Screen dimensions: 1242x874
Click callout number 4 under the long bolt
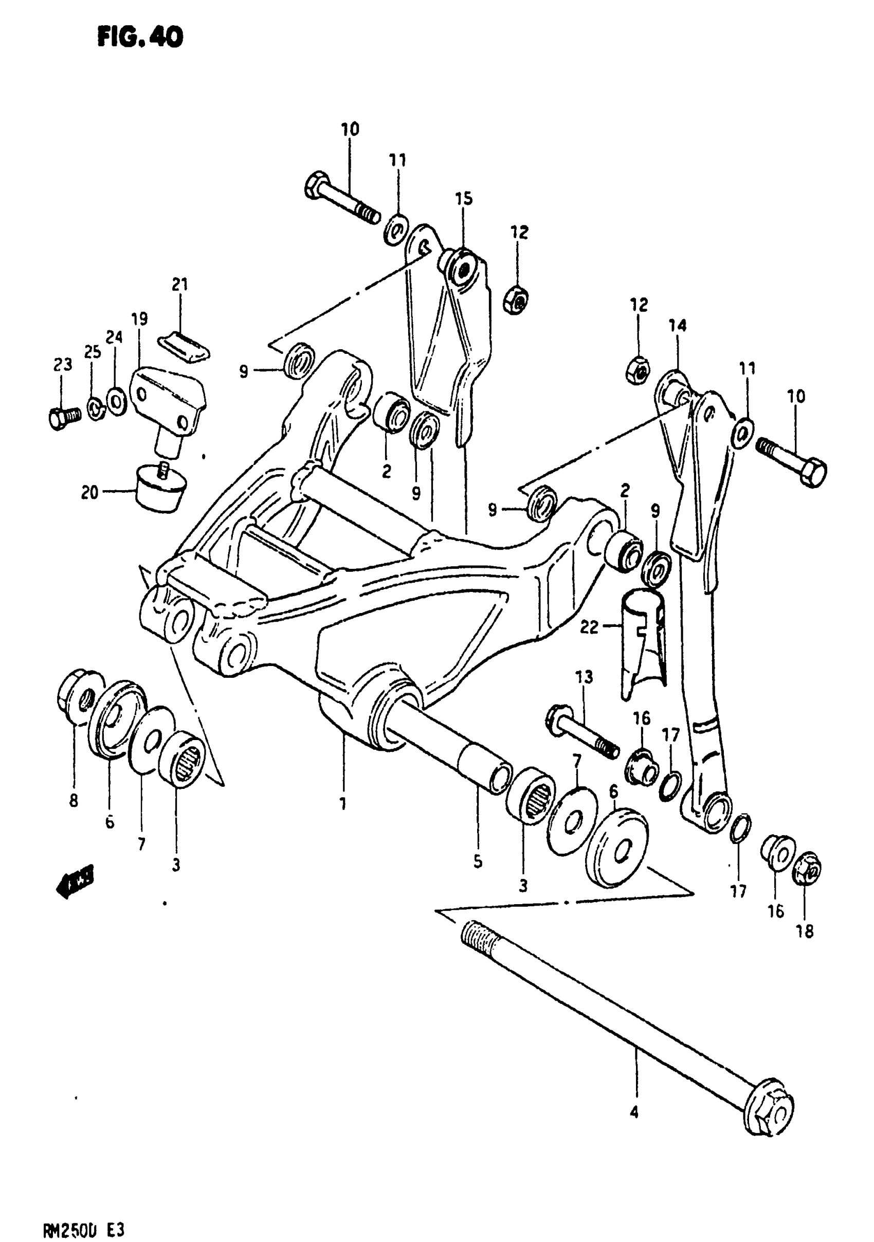click(634, 1112)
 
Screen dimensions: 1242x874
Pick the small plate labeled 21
click(184, 347)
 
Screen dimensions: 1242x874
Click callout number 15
click(464, 199)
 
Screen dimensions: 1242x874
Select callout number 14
click(678, 325)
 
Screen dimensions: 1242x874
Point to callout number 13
click(584, 677)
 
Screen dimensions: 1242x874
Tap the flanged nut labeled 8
click(74, 698)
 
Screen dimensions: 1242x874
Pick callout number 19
click(139, 319)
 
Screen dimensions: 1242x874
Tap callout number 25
click(93, 352)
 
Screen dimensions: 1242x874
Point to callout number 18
click(805, 930)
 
